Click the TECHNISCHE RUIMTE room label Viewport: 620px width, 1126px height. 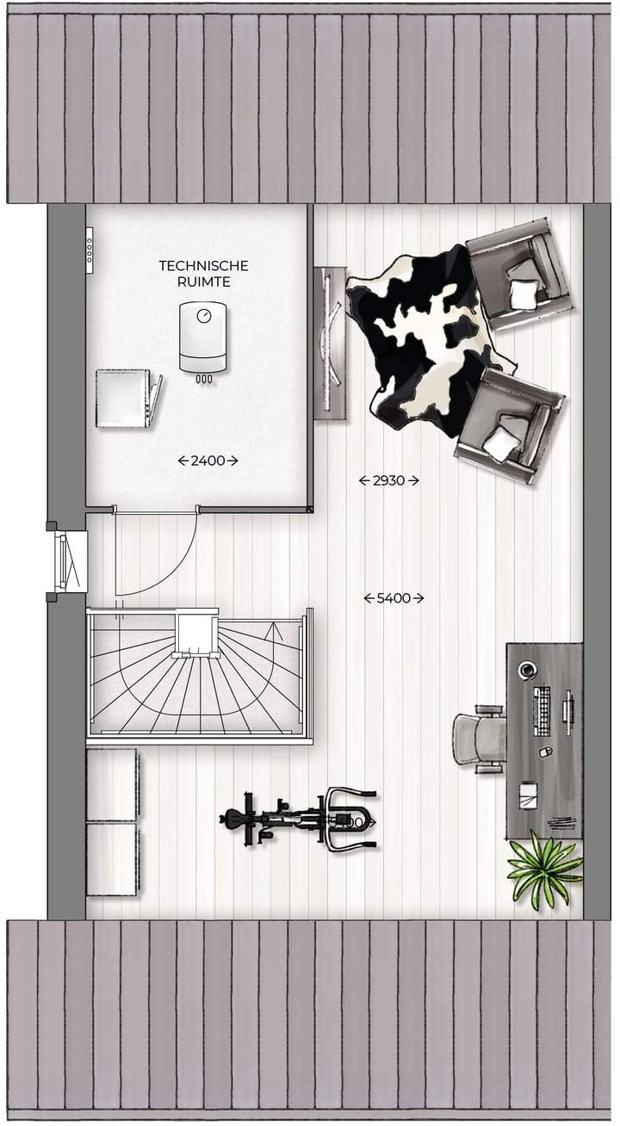tap(203, 274)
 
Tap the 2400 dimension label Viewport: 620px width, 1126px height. tap(208, 461)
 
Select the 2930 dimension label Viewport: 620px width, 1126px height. tap(388, 480)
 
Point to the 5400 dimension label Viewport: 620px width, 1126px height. tap(394, 597)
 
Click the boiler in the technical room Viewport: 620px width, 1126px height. tap(203, 338)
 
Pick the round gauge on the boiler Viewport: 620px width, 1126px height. tap(203, 316)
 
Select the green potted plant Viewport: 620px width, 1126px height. tap(544, 869)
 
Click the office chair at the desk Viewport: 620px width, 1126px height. tap(480, 738)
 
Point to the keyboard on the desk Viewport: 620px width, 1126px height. tap(542, 711)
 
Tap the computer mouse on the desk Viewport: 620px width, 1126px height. tap(543, 752)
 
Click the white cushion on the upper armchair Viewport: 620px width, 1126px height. tap(523, 294)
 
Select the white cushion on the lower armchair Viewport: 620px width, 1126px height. tap(500, 445)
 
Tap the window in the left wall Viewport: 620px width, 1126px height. tap(67, 561)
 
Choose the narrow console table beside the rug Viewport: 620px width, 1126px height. tap(329, 343)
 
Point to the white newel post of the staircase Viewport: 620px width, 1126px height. tap(197, 632)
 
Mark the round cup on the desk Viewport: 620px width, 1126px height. tap(527, 670)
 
